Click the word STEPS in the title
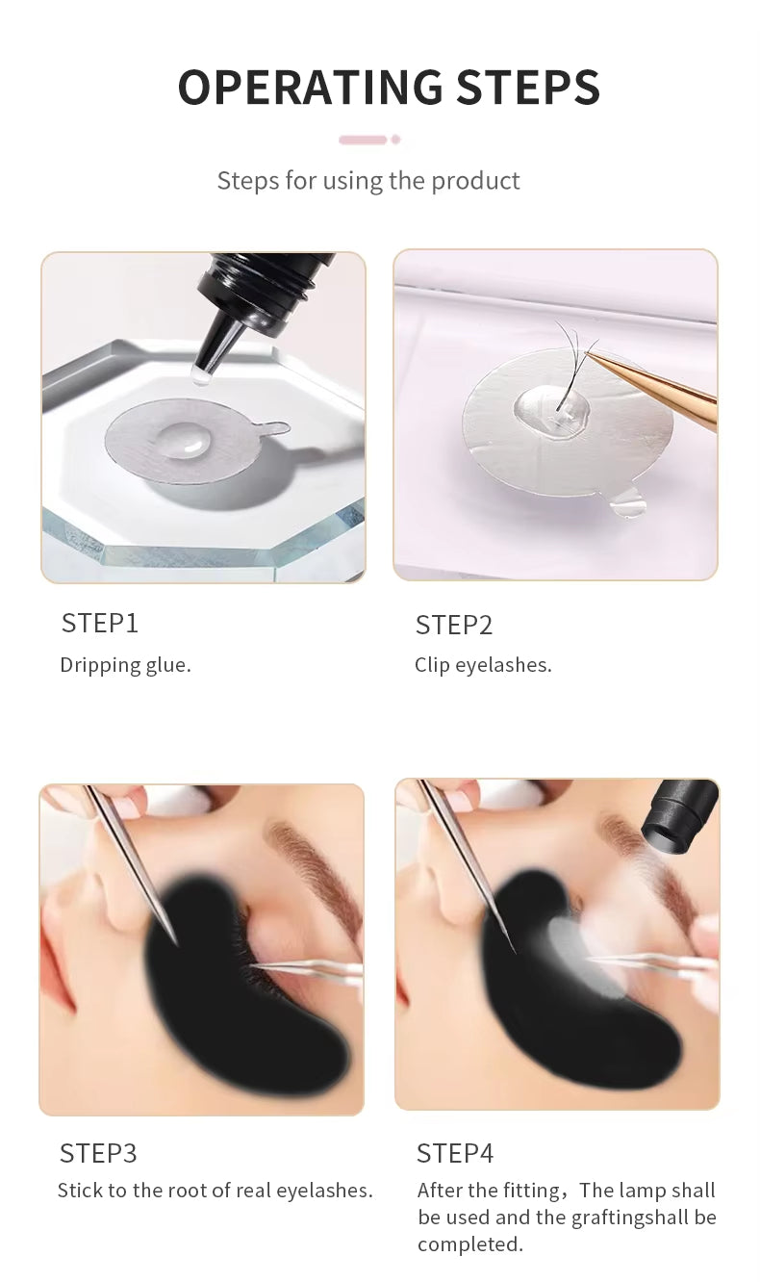tap(528, 88)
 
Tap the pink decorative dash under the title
tap(364, 140)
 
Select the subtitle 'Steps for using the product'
tap(368, 181)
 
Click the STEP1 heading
tap(100, 624)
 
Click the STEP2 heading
tap(454, 626)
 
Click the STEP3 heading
tap(98, 1153)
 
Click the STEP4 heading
tap(455, 1153)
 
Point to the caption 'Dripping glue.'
tap(125, 665)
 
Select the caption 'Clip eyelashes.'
tap(483, 665)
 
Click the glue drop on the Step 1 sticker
tap(187, 440)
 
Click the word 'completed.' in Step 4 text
tap(469, 1244)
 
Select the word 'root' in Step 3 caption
tap(187, 1191)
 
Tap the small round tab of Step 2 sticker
tap(627, 501)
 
